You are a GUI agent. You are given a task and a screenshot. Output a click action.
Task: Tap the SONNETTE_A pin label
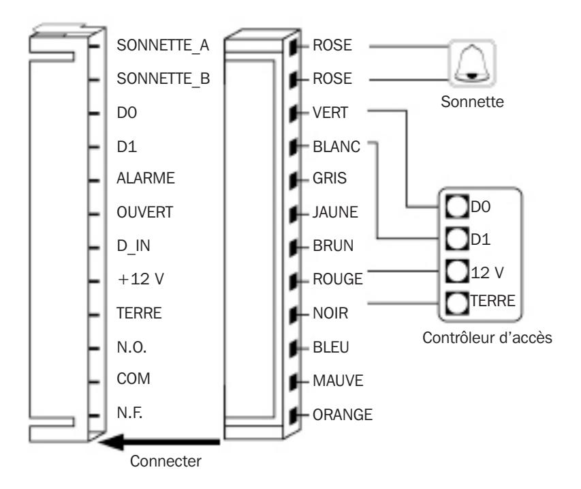tap(163, 46)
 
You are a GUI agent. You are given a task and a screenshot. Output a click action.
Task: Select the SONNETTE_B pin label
tap(163, 79)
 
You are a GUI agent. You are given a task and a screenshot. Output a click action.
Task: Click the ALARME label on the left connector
tap(146, 178)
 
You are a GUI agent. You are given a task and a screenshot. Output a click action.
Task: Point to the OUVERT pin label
tap(145, 212)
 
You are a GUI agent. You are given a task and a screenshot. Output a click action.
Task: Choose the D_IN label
tap(134, 246)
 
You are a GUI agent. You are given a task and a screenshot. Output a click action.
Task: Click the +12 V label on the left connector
tap(141, 279)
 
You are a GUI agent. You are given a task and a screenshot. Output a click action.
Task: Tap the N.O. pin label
tap(131, 347)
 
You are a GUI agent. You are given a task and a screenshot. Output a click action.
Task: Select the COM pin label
tap(134, 379)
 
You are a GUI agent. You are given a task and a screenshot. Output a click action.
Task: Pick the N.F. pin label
tap(129, 413)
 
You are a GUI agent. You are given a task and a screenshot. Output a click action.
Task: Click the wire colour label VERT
tap(330, 113)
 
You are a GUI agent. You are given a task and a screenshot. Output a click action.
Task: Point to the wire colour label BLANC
tap(336, 147)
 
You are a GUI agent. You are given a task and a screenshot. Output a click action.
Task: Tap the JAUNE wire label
tap(335, 212)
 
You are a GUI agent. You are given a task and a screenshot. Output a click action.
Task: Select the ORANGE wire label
tap(343, 415)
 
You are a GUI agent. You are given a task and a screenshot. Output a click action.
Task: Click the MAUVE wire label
tap(338, 381)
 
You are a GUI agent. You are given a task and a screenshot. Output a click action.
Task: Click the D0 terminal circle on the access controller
tap(457, 206)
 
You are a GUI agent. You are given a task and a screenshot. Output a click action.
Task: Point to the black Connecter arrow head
tap(111, 442)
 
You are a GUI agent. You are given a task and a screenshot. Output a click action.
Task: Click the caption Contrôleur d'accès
tap(487, 338)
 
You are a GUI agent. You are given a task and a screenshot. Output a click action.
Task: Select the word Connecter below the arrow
tap(166, 461)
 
